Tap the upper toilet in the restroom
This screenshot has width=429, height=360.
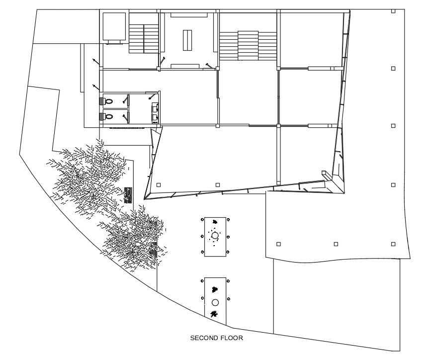pos(109,101)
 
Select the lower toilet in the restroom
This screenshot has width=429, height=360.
pos(109,117)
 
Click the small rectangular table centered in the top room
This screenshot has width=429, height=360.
pos(187,40)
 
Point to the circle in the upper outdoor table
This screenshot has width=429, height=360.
pos(215,235)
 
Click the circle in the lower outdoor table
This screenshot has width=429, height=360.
pos(215,302)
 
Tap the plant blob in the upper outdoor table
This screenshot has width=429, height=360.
pos(215,222)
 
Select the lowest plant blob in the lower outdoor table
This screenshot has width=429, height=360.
pos(214,314)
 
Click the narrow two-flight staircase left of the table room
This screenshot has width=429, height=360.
pos(144,39)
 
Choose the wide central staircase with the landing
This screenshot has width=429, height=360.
pos(248,45)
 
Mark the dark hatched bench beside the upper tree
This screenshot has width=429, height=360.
pos(128,195)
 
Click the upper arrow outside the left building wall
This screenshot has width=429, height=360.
pos(96,61)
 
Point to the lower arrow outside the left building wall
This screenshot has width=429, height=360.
pos(96,88)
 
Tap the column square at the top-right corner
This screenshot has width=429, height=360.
pos(393,11)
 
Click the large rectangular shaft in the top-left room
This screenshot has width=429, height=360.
pos(114,26)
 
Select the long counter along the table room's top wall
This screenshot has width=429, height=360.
pos(189,15)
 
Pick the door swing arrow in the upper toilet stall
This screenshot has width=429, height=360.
pos(126,99)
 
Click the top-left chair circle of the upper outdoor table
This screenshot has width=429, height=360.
pos(202,220)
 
